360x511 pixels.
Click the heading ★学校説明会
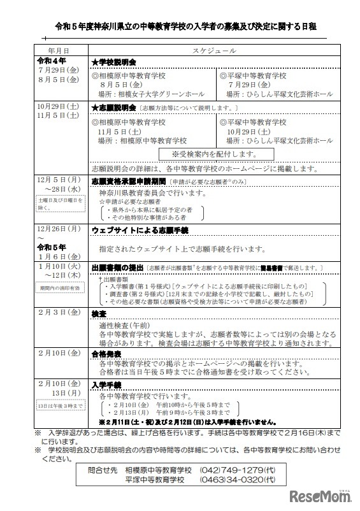point(114,63)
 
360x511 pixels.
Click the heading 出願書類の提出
point(115,268)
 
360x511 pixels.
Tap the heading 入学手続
point(106,385)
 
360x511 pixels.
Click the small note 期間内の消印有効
point(58,289)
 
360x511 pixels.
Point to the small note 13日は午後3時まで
point(59,406)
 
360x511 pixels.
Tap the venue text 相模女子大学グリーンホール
point(157,94)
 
